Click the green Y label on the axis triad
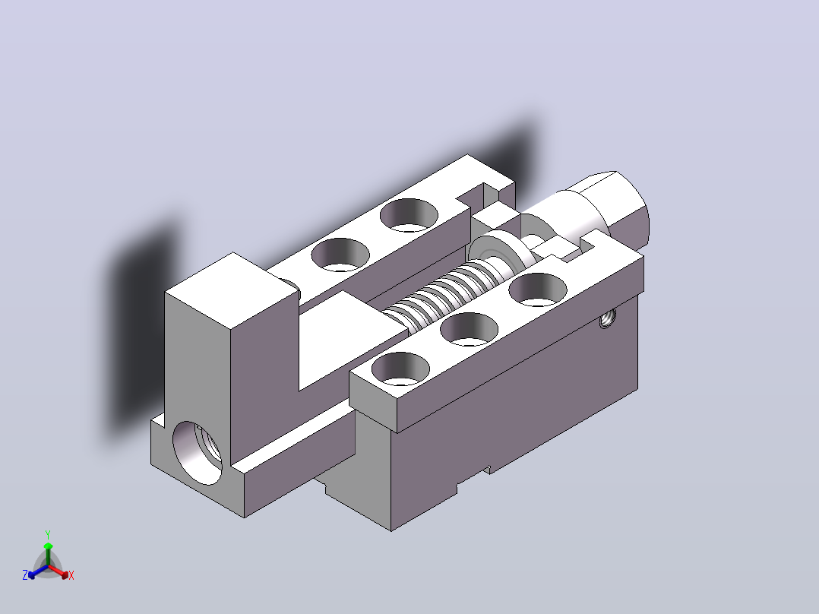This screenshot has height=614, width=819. (48, 534)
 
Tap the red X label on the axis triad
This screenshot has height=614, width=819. (71, 575)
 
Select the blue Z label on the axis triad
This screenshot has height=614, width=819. (25, 575)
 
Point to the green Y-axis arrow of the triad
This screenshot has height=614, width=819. (48, 554)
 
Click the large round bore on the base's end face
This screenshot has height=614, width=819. (197, 453)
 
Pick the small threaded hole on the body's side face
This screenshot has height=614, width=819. (606, 318)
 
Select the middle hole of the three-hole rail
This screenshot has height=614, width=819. (469, 329)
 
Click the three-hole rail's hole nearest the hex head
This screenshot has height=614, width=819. (537, 289)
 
